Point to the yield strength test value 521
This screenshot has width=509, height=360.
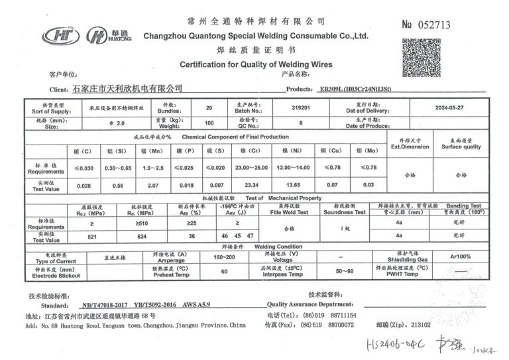[92, 236]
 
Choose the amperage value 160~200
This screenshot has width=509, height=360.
[225, 257]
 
